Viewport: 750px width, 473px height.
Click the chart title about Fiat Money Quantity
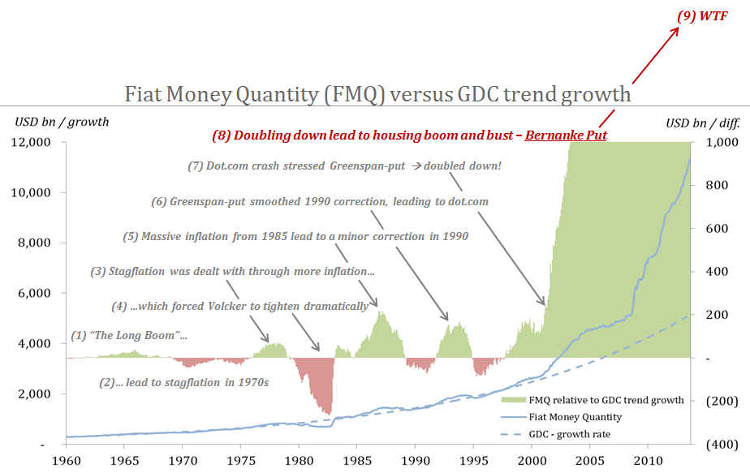[x=377, y=94]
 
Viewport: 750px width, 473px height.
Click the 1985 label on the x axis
[x=356, y=460]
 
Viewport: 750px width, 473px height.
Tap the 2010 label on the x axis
[x=646, y=460]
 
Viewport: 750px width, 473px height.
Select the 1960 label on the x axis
[x=67, y=460]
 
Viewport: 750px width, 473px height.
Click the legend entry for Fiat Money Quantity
[x=574, y=417]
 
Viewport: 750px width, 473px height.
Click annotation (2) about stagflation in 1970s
[x=183, y=381]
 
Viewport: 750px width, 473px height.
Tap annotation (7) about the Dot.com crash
[x=344, y=166]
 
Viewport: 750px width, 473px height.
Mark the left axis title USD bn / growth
[x=62, y=123]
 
